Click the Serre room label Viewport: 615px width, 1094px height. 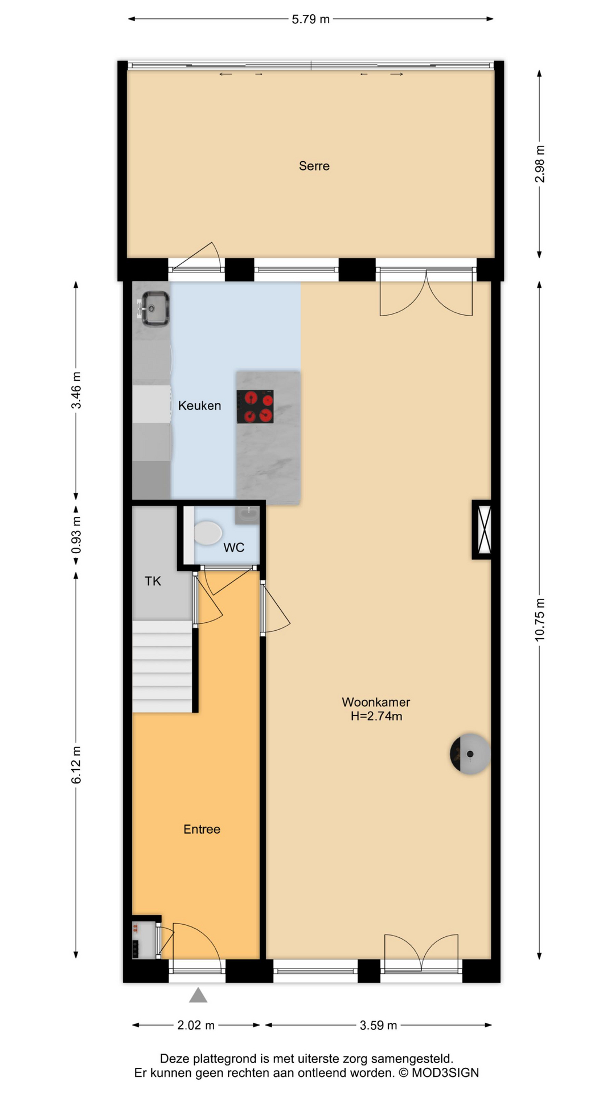point(314,166)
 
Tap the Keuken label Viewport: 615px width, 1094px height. point(199,406)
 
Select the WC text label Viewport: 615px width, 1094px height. point(233,548)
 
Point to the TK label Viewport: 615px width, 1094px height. point(153,581)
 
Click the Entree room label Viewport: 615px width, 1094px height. point(202,829)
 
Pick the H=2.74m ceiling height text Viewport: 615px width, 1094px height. point(376,716)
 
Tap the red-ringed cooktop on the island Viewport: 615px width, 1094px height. point(255,406)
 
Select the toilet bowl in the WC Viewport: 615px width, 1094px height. point(208,533)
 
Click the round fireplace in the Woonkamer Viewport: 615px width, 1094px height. point(470,754)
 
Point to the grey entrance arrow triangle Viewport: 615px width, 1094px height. point(198,995)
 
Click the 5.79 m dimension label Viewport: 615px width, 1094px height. point(311,19)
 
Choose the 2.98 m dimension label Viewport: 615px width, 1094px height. point(540,164)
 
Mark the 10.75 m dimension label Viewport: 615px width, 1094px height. point(540,620)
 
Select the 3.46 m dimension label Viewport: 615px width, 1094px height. point(76,390)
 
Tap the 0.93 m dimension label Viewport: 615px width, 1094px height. point(76,535)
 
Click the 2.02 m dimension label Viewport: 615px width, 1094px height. point(196,1025)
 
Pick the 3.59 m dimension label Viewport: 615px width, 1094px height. point(378,1025)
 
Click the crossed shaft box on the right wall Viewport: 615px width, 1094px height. point(483,529)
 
